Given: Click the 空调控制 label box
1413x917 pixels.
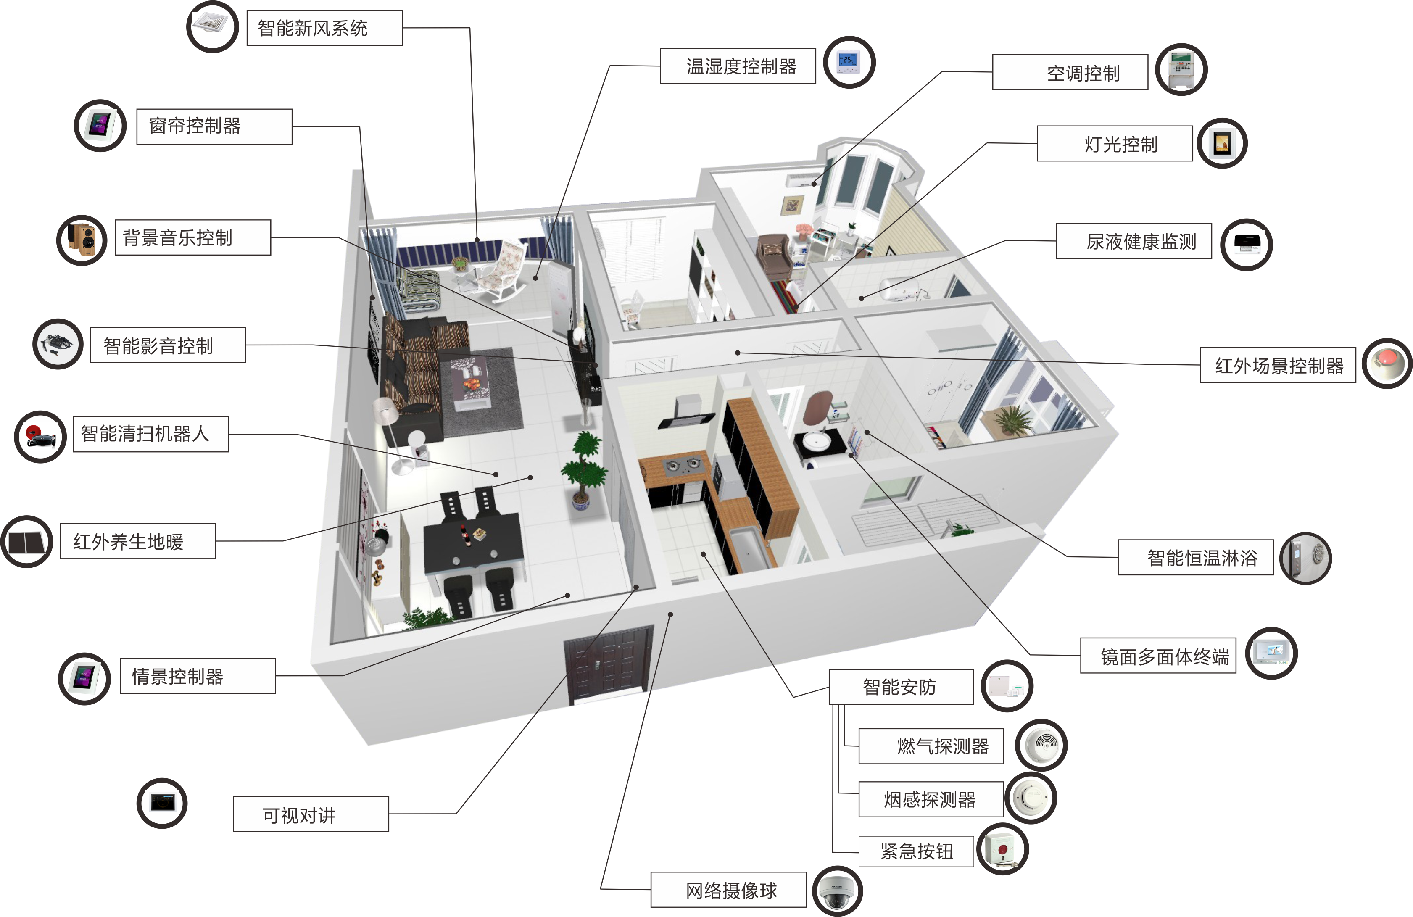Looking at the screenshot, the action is click(x=1070, y=72).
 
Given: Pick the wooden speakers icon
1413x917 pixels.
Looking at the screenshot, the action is click(x=82, y=240).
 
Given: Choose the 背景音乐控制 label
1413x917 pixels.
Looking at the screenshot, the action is click(x=193, y=237).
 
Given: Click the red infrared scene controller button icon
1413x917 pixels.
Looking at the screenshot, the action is click(x=1387, y=363).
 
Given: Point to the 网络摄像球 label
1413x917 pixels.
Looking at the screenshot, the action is click(x=728, y=890).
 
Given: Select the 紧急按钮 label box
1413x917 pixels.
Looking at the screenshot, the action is click(x=916, y=851).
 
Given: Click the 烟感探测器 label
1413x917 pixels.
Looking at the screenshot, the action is click(x=931, y=799).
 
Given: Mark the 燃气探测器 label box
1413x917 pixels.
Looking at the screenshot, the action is click(x=931, y=746).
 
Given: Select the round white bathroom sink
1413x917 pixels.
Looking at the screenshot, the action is click(x=819, y=441).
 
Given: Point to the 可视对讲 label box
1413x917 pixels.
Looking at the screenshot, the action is click(x=311, y=814).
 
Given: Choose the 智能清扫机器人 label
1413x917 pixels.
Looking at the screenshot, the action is click(x=151, y=434).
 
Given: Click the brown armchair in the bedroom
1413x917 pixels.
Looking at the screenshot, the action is click(x=774, y=255).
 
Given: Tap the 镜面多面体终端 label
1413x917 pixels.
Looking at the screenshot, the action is click(x=1158, y=655).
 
